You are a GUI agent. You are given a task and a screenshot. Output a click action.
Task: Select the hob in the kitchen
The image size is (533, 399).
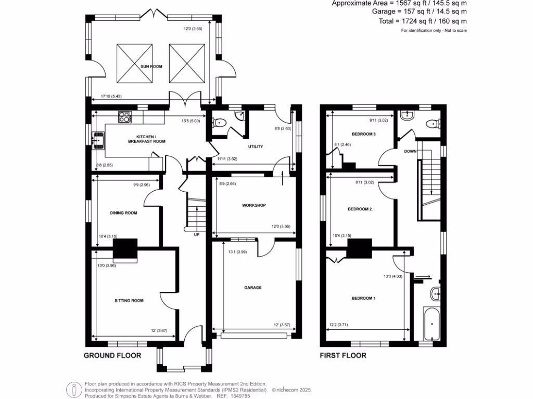[125, 118]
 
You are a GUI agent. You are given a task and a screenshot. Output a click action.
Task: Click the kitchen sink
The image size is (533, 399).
[98, 140]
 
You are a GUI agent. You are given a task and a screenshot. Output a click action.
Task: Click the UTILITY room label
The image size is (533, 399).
[256, 147]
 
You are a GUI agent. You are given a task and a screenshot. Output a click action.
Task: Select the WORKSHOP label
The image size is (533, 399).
[254, 205]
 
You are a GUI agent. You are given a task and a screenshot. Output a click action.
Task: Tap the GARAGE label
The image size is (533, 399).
[253, 287]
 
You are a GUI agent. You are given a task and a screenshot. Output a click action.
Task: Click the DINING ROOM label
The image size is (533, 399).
[123, 212]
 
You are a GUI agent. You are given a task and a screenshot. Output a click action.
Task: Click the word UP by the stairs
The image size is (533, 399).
[196, 235]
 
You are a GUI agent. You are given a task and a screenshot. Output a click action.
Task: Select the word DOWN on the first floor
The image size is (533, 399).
[411, 151]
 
